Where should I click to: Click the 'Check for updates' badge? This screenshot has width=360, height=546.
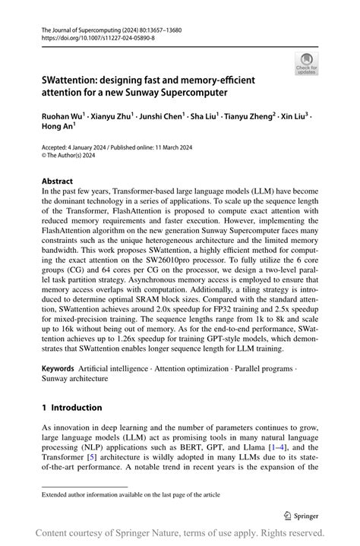(307, 64)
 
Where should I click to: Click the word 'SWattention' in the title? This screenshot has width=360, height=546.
(73, 80)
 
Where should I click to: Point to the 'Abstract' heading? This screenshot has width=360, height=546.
(57, 181)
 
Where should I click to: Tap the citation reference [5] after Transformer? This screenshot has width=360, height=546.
(93, 459)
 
